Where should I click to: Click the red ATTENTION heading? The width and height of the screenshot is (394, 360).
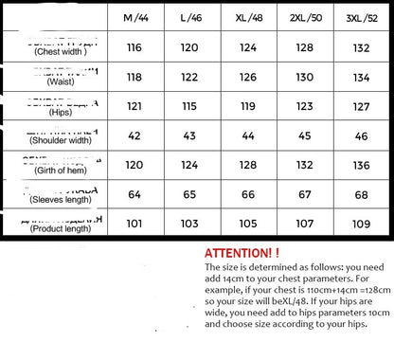(242, 254)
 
